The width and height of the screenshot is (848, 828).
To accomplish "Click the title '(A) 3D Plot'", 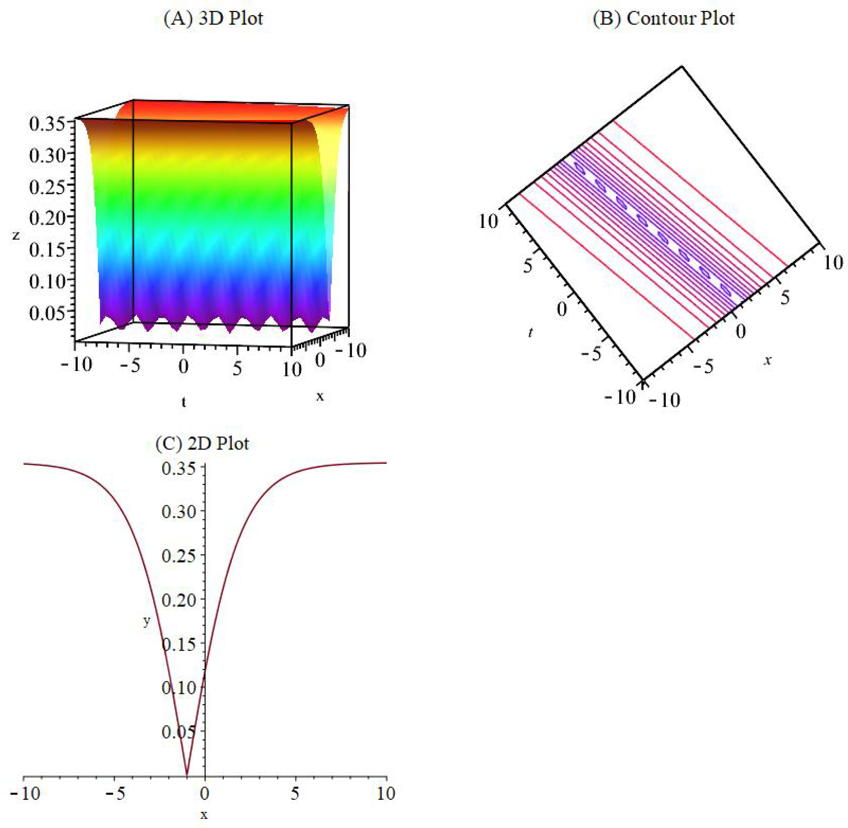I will click(x=213, y=19).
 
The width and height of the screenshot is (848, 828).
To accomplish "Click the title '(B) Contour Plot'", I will click(x=664, y=19).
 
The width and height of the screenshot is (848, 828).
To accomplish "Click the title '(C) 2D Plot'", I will click(x=202, y=443).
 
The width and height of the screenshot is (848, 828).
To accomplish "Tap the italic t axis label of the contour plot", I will click(x=530, y=333).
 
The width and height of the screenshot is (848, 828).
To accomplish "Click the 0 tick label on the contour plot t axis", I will click(x=561, y=310).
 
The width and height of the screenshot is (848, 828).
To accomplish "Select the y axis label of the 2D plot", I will click(x=147, y=621).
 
